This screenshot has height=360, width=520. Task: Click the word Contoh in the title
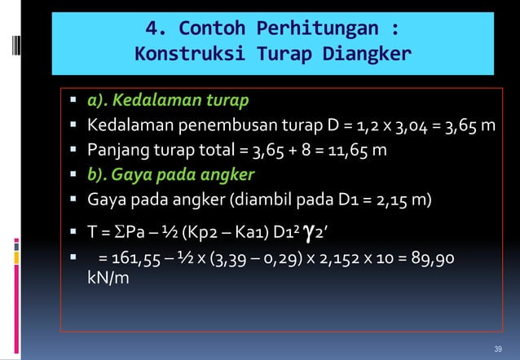[214, 29]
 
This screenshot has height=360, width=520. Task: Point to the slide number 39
[499, 349]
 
